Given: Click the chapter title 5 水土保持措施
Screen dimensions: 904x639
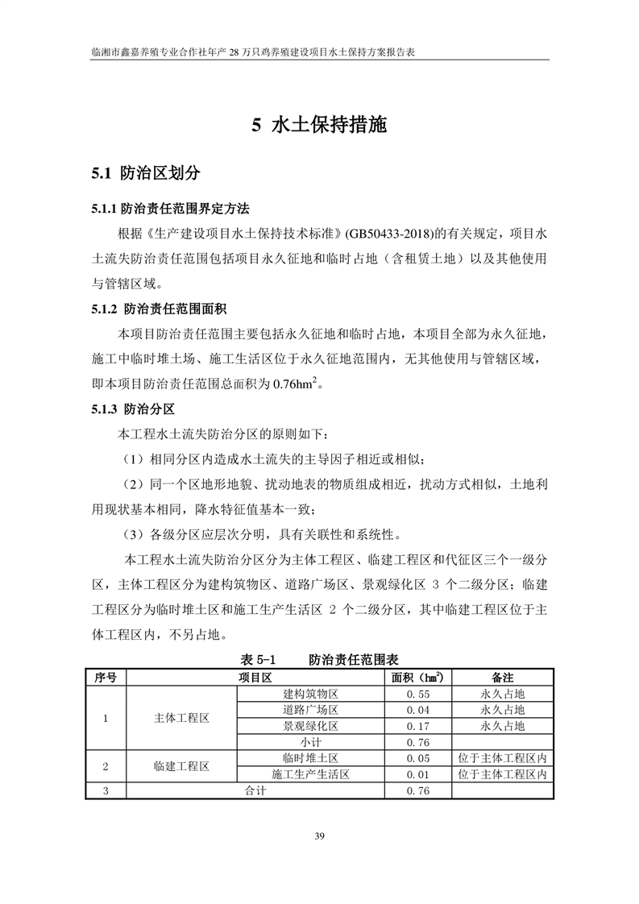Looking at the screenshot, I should pyautogui.click(x=319, y=126).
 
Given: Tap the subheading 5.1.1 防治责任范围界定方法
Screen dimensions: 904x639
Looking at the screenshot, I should pyautogui.click(x=170, y=209).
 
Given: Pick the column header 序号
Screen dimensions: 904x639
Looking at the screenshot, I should pyautogui.click(x=106, y=678).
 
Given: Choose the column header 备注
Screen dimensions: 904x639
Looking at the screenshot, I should pyautogui.click(x=502, y=678).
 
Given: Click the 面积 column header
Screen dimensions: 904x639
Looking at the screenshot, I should pyautogui.click(x=417, y=678).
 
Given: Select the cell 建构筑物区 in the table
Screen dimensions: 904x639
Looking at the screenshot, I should pyautogui.click(x=309, y=694).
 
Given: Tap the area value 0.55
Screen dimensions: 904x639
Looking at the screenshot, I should pyautogui.click(x=417, y=694).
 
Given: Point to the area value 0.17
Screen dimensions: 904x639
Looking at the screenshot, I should pyautogui.click(x=417, y=726).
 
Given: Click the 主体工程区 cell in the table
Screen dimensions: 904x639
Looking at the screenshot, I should pyautogui.click(x=181, y=718).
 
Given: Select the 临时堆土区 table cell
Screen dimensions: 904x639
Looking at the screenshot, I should pyautogui.click(x=309, y=759).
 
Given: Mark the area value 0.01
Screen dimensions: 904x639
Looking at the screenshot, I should pyautogui.click(x=417, y=775).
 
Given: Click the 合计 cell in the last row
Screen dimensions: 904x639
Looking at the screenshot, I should pyautogui.click(x=255, y=791).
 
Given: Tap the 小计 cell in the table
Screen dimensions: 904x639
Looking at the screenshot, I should pyautogui.click(x=309, y=742).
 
